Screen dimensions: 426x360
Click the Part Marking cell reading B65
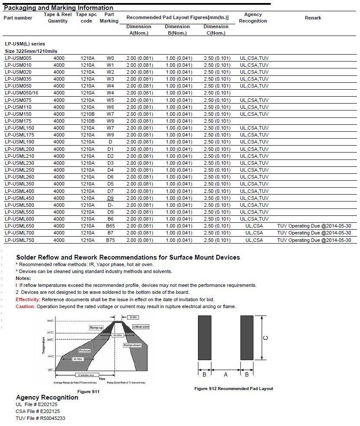[x=110, y=226]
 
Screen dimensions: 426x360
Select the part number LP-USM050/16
[x=22, y=93]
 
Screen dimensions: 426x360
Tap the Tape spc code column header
[x=86, y=17]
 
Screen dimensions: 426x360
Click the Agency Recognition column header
[x=253, y=17]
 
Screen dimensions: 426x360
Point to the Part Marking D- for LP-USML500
[x=110, y=205]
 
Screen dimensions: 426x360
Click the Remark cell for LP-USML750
[x=314, y=240]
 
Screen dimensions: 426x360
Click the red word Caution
[x=25, y=306]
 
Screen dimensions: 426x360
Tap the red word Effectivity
[x=28, y=299]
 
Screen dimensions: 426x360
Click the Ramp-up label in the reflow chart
[x=96, y=328]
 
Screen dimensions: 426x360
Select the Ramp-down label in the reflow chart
[x=132, y=345]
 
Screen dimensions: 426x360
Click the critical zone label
[x=141, y=326]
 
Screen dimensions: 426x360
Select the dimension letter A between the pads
[x=226, y=375]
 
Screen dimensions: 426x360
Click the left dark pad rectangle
[x=204, y=337]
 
